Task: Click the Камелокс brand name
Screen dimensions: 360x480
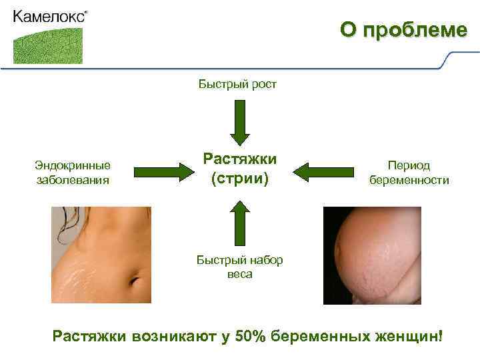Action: tap(49, 17)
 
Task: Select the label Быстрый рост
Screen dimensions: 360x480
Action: tap(237, 84)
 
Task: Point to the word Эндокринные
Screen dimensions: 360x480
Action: tap(73, 166)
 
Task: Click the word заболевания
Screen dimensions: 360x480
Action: tap(73, 179)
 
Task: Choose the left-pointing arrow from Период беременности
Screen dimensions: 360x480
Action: tap(318, 172)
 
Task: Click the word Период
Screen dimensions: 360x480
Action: tap(409, 166)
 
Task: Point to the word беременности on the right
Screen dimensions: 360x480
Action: tap(409, 180)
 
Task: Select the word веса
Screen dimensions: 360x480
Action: tap(239, 273)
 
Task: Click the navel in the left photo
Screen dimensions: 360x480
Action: tap(135, 279)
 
